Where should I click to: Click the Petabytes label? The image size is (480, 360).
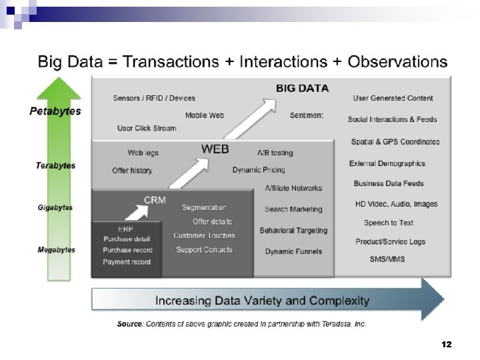point(55,111)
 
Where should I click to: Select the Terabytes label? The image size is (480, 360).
point(56,165)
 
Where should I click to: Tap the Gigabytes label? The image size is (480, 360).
point(55,208)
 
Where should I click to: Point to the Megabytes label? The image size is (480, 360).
point(56,250)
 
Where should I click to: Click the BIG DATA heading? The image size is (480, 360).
point(302,88)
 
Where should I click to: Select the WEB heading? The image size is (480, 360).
point(215,149)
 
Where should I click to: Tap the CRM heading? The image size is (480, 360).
point(155,199)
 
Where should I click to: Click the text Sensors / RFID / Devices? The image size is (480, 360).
point(154,99)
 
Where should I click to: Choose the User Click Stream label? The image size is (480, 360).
point(147,128)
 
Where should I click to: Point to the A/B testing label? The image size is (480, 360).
point(275,153)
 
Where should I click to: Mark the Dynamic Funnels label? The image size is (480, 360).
point(293,251)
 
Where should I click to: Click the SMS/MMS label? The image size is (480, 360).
point(387,259)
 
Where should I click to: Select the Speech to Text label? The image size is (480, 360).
point(389,223)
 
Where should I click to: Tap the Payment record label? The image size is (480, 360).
point(127,262)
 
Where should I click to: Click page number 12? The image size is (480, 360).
point(447,345)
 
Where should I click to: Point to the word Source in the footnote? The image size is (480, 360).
point(129,324)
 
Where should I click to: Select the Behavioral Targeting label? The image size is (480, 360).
point(293,231)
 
